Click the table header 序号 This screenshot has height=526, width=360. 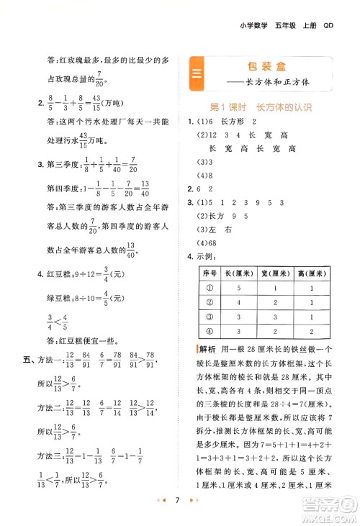(210, 273)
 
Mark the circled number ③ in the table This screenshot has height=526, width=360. (210, 317)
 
